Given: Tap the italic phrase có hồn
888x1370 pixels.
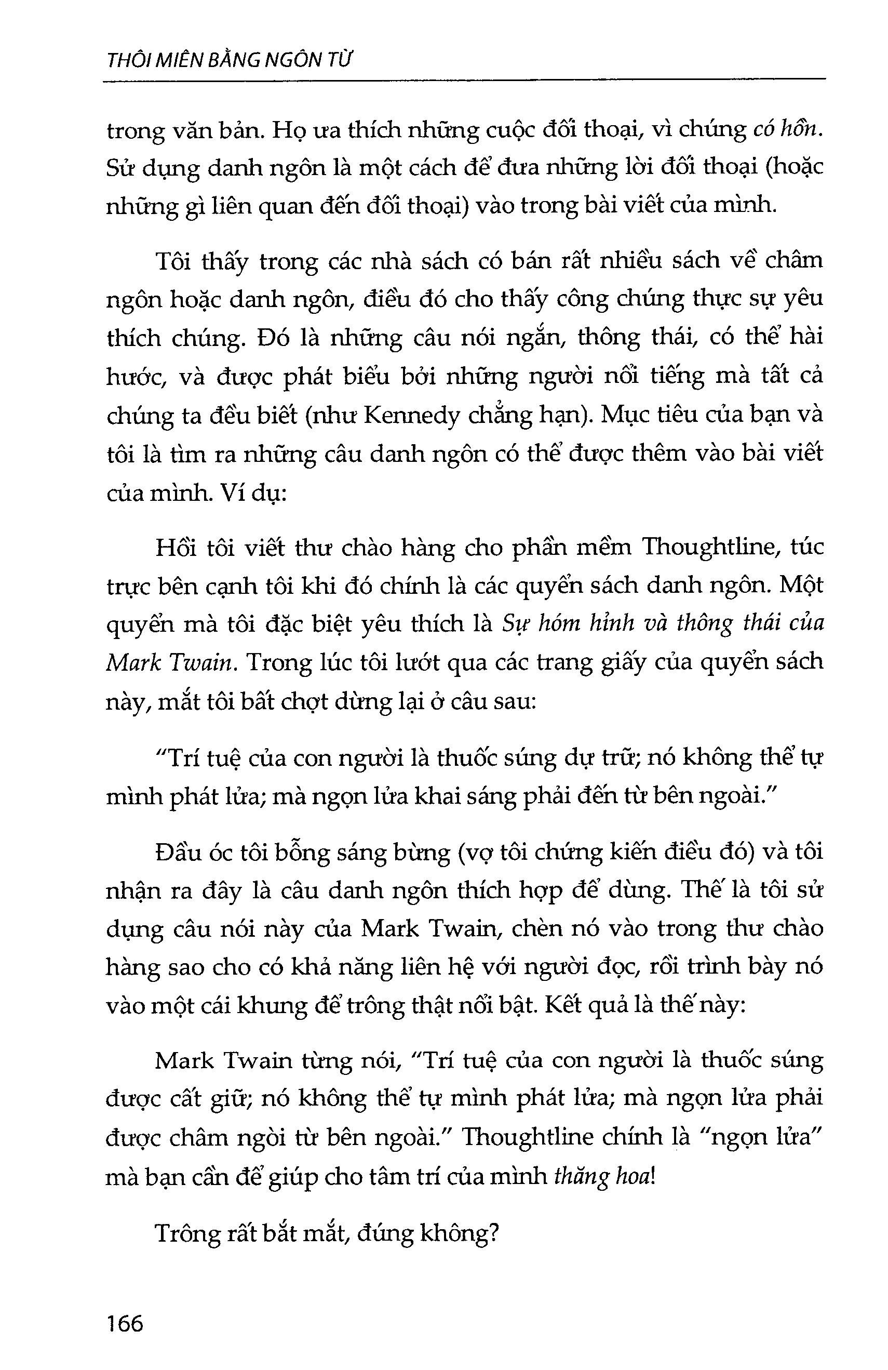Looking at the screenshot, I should (787, 130).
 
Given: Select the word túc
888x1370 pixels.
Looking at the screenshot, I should (806, 546).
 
